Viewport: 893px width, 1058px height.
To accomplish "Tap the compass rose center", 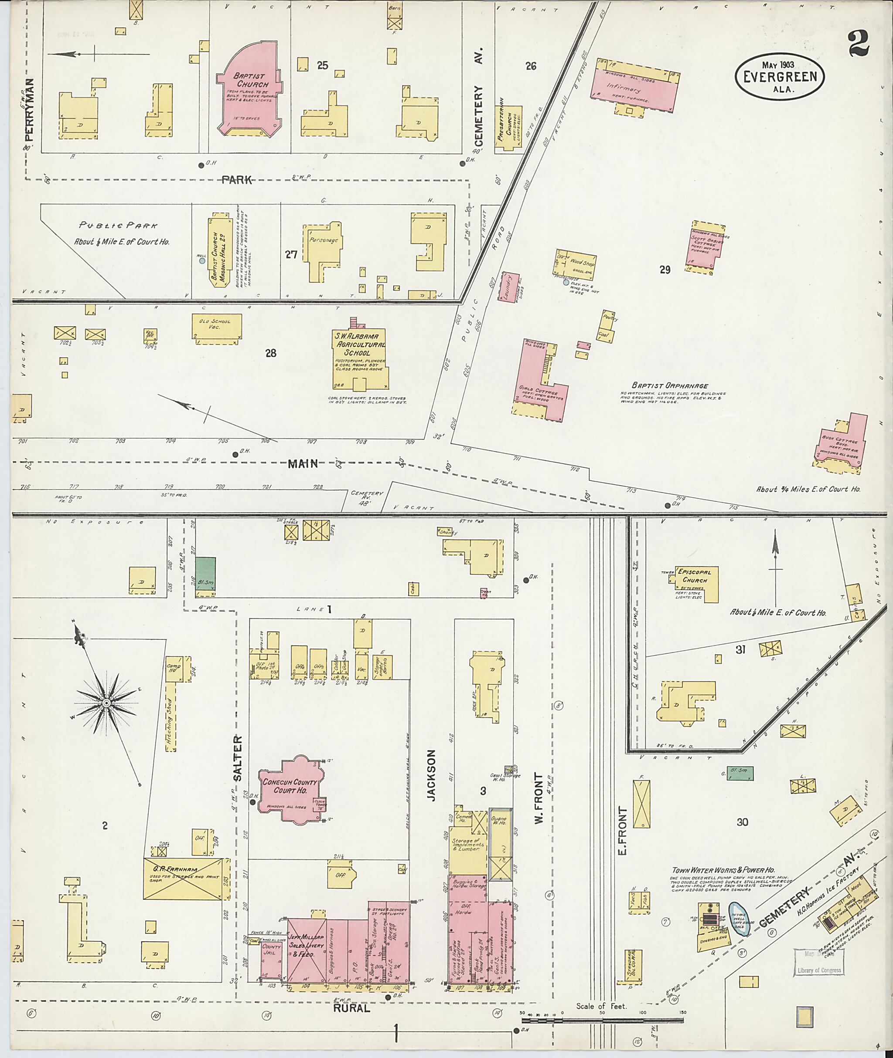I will tap(107, 703).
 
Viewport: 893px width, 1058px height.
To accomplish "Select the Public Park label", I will tap(118, 226).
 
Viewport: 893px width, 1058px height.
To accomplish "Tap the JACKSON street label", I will tap(431, 782).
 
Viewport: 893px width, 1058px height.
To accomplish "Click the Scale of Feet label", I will tap(601, 1007).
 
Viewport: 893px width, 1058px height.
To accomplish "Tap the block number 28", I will tap(271, 353).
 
